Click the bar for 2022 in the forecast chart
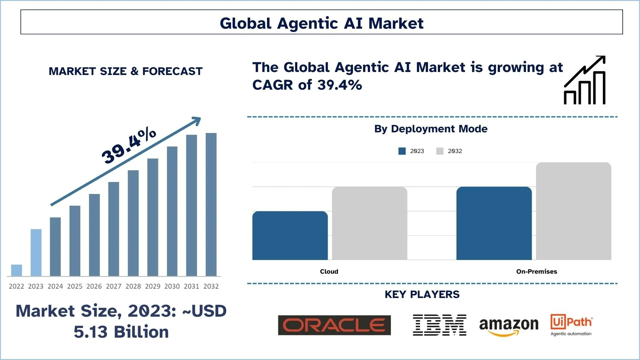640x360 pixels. click(x=16, y=270)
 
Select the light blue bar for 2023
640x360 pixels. click(x=36, y=252)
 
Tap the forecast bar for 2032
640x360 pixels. click(x=211, y=204)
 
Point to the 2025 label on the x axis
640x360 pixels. click(x=75, y=286)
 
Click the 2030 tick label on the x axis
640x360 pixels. click(x=172, y=286)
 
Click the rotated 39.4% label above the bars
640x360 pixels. click(x=129, y=145)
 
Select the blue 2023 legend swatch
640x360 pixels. click(x=402, y=151)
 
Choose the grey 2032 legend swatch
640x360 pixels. click(x=440, y=151)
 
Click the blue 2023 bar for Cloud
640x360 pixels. click(x=290, y=235)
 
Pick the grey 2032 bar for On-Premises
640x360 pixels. click(x=573, y=211)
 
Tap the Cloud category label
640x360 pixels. click(x=329, y=272)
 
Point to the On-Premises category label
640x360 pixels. click(x=536, y=272)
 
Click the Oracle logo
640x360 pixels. click(x=334, y=325)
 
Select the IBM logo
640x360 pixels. click(x=439, y=325)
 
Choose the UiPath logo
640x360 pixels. click(x=571, y=325)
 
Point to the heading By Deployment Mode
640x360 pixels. click(x=431, y=129)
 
